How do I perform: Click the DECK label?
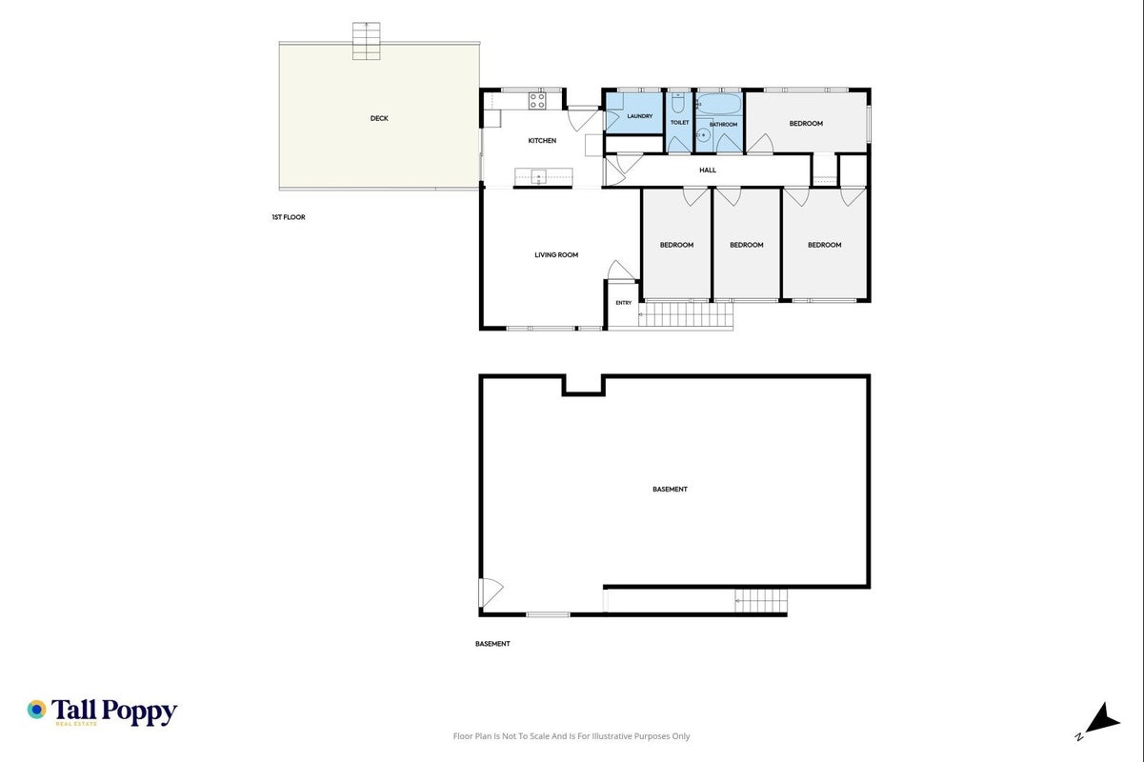tap(379, 118)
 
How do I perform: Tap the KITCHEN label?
tap(542, 140)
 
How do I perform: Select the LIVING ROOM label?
tap(556, 255)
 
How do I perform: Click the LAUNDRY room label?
tap(639, 116)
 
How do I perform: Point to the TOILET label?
tap(679, 123)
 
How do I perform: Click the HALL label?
tap(708, 170)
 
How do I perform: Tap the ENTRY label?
tap(624, 303)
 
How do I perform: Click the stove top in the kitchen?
tap(537, 100)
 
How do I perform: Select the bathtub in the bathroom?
tap(719, 104)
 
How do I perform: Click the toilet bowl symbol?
tap(677, 103)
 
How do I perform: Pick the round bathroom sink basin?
tap(703, 135)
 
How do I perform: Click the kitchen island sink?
tap(538, 177)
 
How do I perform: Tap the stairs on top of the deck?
tap(366, 41)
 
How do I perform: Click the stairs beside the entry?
tap(686, 314)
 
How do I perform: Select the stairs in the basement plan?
tap(761, 601)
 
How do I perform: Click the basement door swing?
tap(492, 592)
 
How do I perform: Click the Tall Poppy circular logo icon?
tap(37, 710)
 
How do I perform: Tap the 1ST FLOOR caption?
tap(289, 217)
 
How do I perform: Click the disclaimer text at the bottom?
tap(572, 736)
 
